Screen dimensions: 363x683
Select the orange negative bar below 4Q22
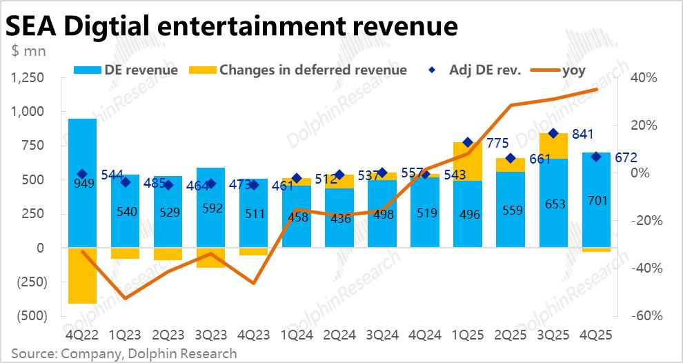pyautogui.click(x=82, y=275)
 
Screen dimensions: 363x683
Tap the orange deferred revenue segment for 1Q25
pyautogui.click(x=467, y=161)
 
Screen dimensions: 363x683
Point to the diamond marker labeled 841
pyautogui.click(x=553, y=133)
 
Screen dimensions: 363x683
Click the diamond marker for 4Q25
pyautogui.click(x=596, y=157)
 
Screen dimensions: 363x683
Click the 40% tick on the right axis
pyautogui.click(x=645, y=77)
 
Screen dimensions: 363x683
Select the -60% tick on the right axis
pyautogui.click(x=645, y=315)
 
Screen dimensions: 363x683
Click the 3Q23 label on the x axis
pyautogui.click(x=210, y=335)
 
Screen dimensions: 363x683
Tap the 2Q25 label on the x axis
pyautogui.click(x=511, y=335)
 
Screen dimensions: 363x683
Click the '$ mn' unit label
pyautogui.click(x=26, y=50)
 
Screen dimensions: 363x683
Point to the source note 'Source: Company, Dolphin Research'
pyautogui.click(x=123, y=353)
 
